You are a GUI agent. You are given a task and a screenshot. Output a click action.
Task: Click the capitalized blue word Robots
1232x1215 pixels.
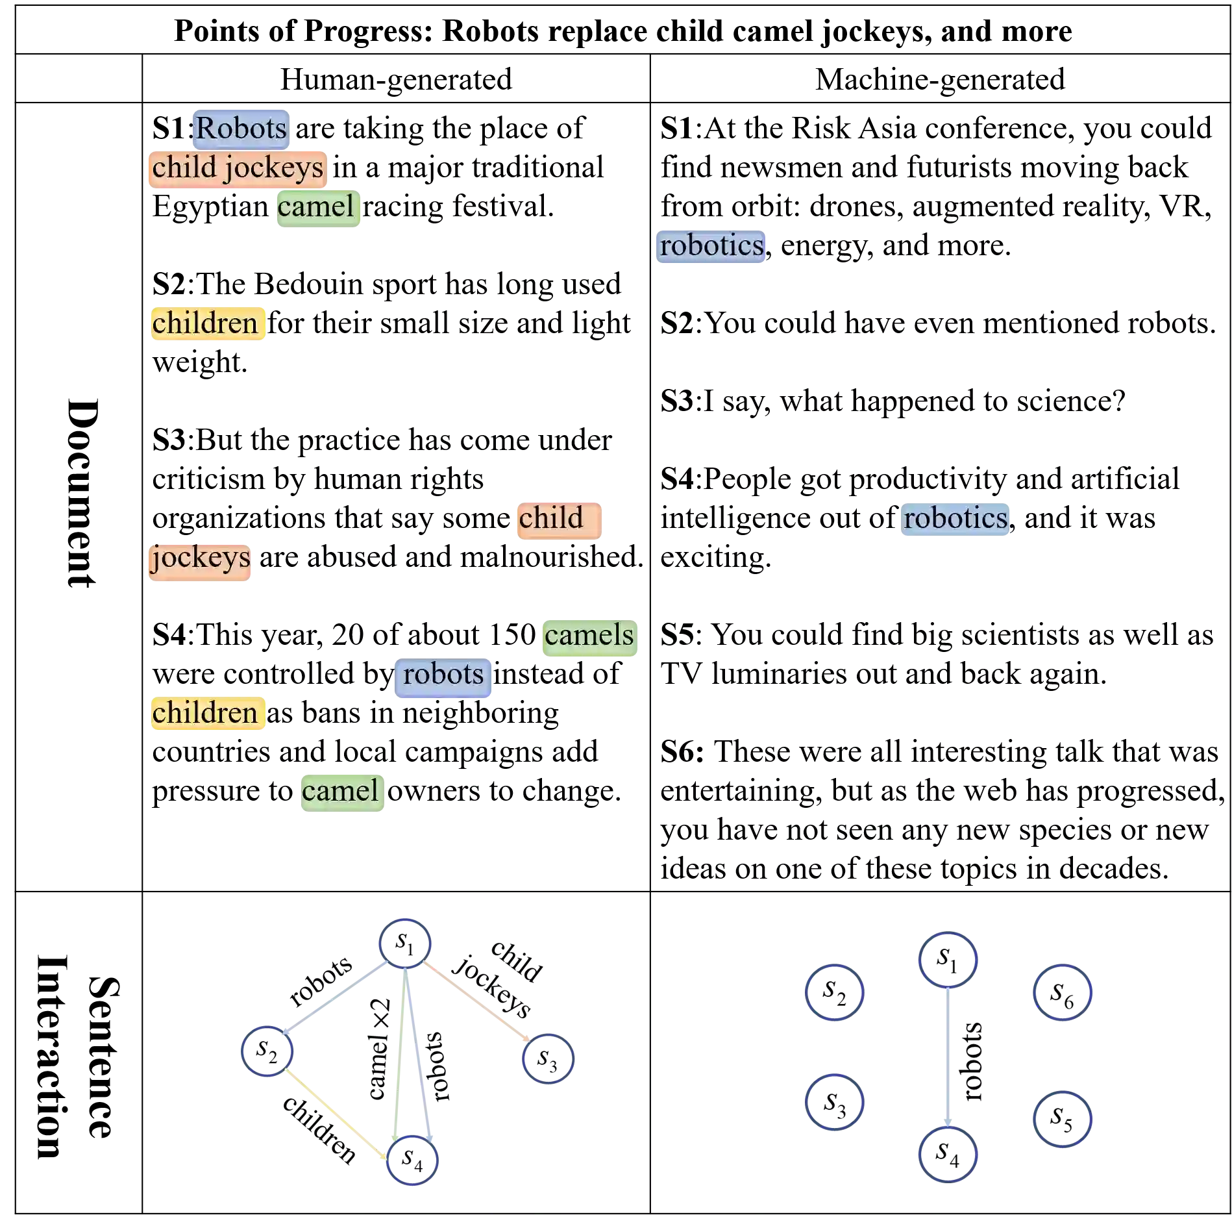click(241, 129)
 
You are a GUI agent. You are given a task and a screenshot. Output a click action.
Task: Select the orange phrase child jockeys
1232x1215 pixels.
click(237, 168)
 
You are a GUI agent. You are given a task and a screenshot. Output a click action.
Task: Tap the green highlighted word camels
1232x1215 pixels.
click(589, 636)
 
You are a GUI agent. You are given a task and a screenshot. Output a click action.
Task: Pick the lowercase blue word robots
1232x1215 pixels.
click(443, 675)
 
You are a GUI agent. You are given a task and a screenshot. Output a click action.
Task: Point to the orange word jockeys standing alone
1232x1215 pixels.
click(200, 558)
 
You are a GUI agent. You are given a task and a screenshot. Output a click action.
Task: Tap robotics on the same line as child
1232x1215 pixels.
click(955, 519)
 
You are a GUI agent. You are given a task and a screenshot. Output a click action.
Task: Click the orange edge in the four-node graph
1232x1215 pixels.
click(477, 1003)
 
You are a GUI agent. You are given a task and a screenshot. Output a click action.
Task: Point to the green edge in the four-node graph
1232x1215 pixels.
click(399, 1052)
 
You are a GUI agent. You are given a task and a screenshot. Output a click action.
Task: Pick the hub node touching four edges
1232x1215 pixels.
click(405, 943)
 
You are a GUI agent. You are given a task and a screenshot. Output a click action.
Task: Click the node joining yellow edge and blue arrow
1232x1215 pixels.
click(267, 1051)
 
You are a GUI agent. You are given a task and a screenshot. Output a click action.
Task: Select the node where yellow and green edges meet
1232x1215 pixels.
click(412, 1160)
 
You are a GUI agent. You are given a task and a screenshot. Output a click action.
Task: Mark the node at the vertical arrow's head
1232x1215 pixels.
click(948, 1154)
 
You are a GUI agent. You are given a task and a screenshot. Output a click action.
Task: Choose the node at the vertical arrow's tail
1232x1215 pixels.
click(948, 960)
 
